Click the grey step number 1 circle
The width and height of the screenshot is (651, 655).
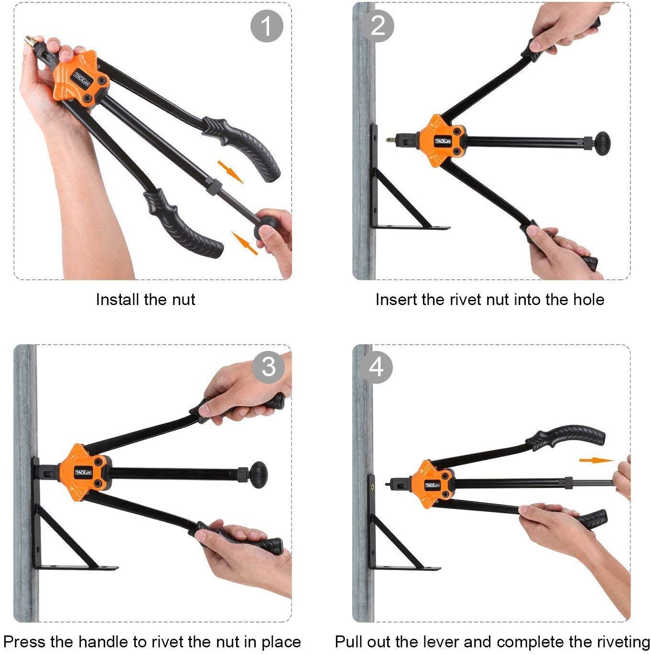click(x=267, y=26)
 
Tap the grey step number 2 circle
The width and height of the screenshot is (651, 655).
click(x=377, y=26)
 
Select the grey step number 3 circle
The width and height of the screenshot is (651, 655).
click(x=269, y=368)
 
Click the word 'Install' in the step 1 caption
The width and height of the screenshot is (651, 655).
click(x=118, y=299)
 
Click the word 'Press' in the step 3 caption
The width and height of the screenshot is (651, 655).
click(x=24, y=642)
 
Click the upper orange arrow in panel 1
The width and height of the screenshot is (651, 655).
click(x=231, y=172)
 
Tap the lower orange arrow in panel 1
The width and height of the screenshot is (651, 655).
click(x=244, y=243)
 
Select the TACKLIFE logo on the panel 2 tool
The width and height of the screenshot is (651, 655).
click(x=442, y=141)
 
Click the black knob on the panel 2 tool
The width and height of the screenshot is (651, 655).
click(x=603, y=144)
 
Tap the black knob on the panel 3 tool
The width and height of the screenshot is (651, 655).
click(x=260, y=475)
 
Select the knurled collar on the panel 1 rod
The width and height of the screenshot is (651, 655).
click(x=214, y=187)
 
